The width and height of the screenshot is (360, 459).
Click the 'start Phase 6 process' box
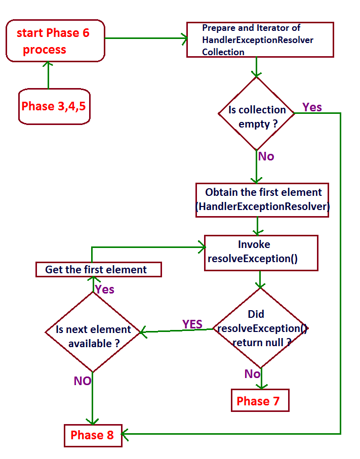click(x=55, y=40)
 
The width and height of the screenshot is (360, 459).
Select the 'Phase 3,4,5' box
click(x=54, y=106)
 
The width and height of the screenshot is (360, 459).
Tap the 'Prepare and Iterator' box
click(x=260, y=39)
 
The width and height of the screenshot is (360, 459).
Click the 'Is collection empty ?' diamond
click(x=256, y=113)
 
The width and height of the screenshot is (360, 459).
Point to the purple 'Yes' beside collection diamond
click(x=312, y=107)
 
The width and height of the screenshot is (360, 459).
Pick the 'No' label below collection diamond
click(x=266, y=156)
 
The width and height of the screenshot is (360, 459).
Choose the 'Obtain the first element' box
click(x=263, y=200)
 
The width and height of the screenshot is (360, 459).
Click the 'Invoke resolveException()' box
click(x=261, y=252)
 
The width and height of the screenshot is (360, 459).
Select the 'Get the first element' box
click(x=98, y=269)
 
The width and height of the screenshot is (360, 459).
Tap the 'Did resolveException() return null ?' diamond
click(x=260, y=328)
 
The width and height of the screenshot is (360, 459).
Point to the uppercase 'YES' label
click(x=192, y=324)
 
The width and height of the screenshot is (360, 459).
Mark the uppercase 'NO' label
click(x=82, y=381)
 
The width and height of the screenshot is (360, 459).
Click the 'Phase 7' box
click(x=260, y=401)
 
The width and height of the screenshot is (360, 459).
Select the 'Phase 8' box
click(x=93, y=435)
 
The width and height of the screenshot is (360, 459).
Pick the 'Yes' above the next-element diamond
click(x=104, y=290)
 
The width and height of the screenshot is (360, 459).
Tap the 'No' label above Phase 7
click(x=252, y=374)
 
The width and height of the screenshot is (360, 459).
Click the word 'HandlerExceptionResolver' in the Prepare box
click(x=258, y=40)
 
